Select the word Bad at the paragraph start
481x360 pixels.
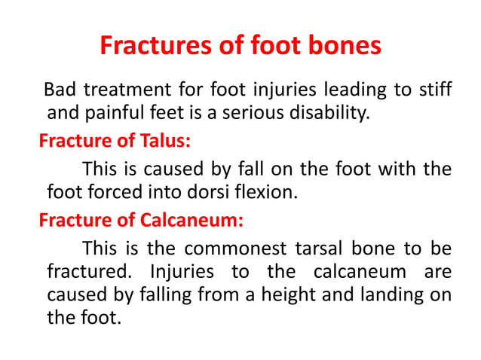60,91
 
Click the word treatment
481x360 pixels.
122,91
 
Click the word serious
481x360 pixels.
260,114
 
